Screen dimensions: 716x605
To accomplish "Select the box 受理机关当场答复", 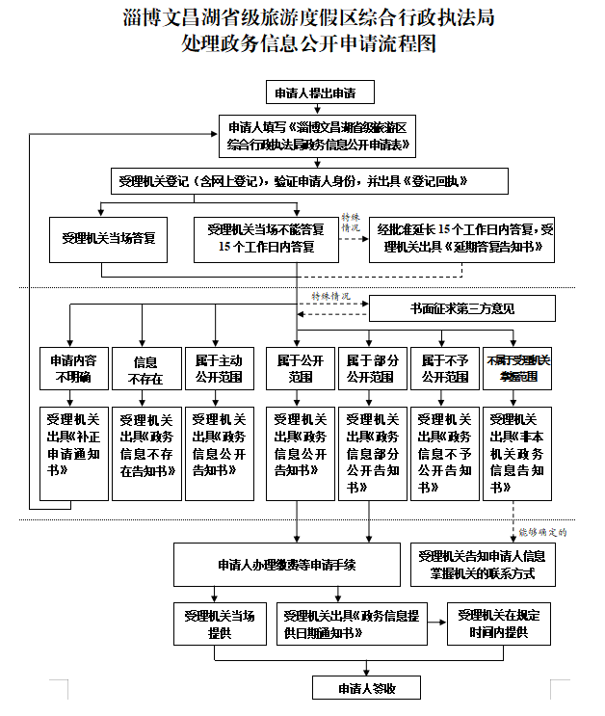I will pos(108,239).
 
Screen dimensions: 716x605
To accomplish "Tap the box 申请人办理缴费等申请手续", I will pos(286,564).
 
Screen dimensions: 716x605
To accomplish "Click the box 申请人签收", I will pos(366,688).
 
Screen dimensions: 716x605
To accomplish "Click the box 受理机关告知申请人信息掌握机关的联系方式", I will pos(485,565).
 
